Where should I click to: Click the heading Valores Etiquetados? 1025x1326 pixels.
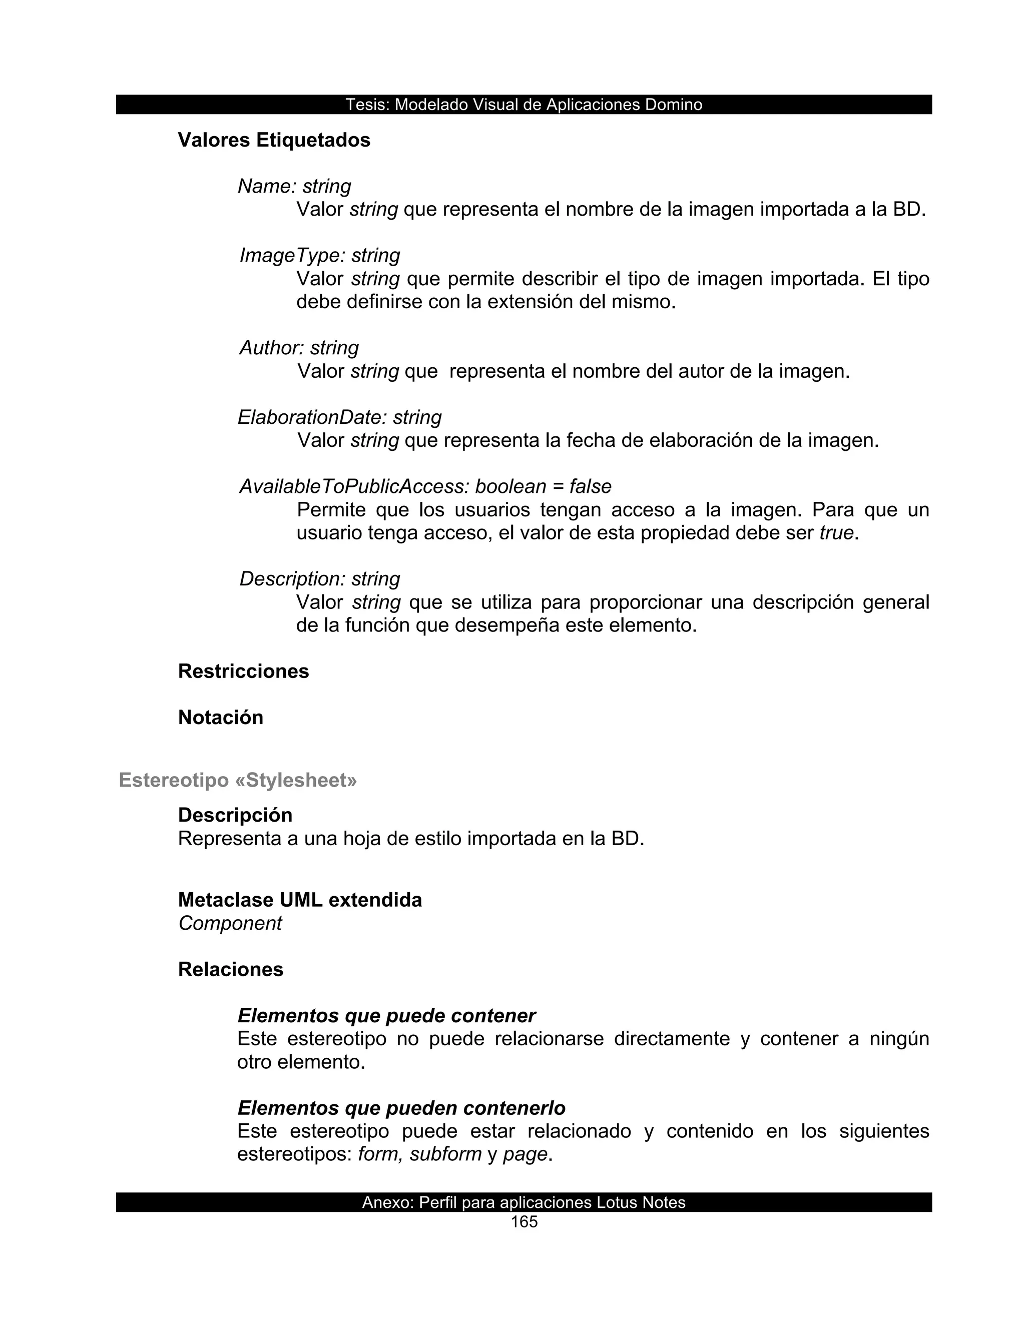tap(274, 140)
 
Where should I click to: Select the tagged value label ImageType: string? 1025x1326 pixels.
tap(319, 256)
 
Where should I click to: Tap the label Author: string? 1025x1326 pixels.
tap(299, 348)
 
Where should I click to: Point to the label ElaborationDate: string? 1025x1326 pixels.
tap(339, 417)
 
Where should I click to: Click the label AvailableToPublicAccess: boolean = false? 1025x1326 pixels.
tap(425, 486)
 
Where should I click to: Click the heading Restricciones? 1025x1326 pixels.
tap(244, 672)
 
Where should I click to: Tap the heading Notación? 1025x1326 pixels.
tap(220, 718)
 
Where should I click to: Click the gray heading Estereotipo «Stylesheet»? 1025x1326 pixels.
tap(238, 780)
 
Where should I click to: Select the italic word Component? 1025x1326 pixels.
tap(230, 924)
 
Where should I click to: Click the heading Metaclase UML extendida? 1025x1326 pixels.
tap(300, 900)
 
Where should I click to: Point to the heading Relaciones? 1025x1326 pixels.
tap(231, 970)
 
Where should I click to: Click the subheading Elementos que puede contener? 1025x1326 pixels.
tap(386, 1016)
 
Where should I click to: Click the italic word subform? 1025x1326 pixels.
tap(445, 1154)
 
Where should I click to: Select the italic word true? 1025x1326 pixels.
tap(836, 533)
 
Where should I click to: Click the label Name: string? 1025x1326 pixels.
tap(294, 187)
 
